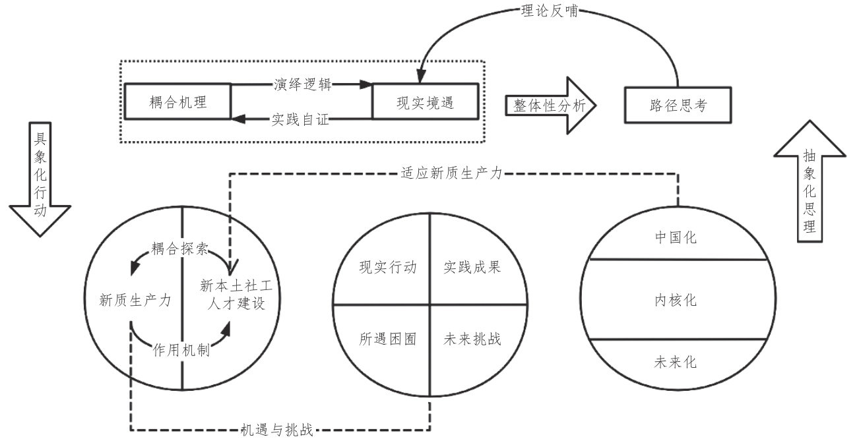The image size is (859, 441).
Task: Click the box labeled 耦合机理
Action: click(177, 102)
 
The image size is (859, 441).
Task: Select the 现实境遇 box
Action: click(426, 102)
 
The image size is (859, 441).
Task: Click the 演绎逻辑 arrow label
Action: click(303, 85)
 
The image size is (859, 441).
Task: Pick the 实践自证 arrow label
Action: click(302, 119)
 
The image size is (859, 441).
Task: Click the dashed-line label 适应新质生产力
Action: click(452, 174)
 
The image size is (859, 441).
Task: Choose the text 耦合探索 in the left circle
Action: click(180, 249)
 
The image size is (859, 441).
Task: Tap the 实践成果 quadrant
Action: click(472, 268)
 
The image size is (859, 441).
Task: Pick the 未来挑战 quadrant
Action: click(472, 339)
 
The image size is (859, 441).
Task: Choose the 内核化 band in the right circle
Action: click(678, 300)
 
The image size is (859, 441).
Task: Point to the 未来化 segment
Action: click(678, 362)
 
